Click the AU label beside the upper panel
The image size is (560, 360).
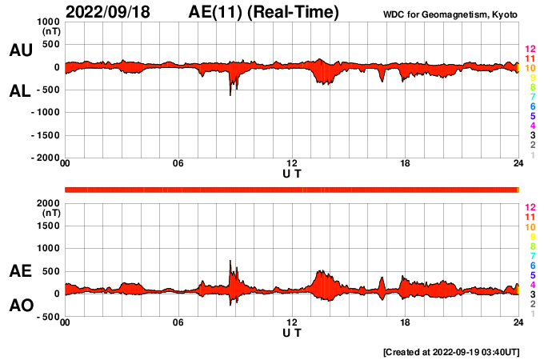[20, 50]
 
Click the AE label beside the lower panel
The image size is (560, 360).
[20, 271]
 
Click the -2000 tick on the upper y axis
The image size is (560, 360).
[46, 158]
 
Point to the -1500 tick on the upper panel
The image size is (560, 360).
[46, 135]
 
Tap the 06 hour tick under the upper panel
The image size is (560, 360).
[178, 165]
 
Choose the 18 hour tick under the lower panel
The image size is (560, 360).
[405, 322]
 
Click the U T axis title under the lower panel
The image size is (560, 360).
[292, 332]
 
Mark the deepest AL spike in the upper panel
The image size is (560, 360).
[230, 95]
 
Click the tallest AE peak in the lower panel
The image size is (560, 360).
[230, 261]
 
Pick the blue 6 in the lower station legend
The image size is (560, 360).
[532, 265]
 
